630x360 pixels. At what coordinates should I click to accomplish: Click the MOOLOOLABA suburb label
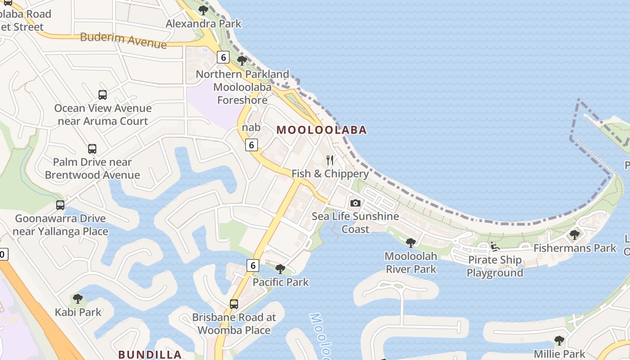[x=321, y=130]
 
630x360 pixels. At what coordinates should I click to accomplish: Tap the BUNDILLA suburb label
[x=150, y=354]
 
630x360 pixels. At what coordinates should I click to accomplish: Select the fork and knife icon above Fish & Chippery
[x=330, y=160]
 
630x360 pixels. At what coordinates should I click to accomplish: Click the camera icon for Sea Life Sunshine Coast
[x=355, y=203]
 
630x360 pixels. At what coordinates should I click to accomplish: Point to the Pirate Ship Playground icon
[x=495, y=246]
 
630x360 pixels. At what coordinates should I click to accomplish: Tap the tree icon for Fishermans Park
[x=575, y=234]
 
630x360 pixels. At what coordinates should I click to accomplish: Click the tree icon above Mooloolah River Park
[x=410, y=243]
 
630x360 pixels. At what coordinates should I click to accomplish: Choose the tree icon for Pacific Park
[x=280, y=269]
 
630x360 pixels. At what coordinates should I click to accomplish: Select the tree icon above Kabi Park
[x=78, y=298]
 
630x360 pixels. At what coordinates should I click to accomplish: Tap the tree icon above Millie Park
[x=559, y=340]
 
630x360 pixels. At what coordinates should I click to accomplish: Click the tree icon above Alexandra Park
[x=203, y=10]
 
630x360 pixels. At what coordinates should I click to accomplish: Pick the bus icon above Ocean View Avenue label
[x=103, y=94]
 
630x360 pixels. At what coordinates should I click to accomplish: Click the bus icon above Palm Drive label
[x=92, y=148]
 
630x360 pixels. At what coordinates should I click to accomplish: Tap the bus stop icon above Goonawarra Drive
[x=60, y=205]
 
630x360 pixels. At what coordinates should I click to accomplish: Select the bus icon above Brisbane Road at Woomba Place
[x=234, y=304]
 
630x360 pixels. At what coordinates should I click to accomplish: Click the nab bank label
[x=251, y=127]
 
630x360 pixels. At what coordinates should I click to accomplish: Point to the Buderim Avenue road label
[x=123, y=40]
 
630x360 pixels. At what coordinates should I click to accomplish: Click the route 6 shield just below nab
[x=252, y=144]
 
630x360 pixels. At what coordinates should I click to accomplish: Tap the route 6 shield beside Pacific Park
[x=252, y=265]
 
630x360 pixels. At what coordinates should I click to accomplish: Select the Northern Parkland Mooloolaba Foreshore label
[x=243, y=87]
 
